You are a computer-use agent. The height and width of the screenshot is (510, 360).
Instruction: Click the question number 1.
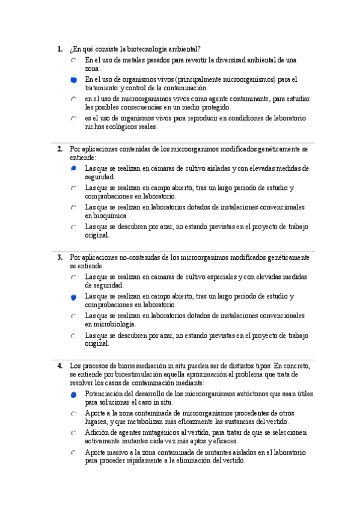tap(59, 49)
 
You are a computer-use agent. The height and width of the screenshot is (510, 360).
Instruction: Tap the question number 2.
tap(59, 149)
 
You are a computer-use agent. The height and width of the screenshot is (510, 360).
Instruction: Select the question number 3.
tap(59, 257)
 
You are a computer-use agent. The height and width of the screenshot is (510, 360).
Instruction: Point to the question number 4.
tap(59, 366)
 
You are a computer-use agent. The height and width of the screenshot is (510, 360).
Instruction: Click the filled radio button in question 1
tap(73, 79)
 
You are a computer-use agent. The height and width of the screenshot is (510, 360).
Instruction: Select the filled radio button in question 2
tap(73, 169)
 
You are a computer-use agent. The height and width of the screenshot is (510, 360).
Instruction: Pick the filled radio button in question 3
tap(73, 297)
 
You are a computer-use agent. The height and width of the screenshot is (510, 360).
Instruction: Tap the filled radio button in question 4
tap(73, 395)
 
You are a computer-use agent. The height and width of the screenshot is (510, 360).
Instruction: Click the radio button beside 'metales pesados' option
tap(73, 61)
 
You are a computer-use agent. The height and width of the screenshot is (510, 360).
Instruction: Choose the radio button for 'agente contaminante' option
tap(73, 99)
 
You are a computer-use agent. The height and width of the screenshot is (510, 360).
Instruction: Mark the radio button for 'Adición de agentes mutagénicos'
tap(73, 433)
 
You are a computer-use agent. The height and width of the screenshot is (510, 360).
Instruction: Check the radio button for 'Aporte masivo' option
tap(73, 452)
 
